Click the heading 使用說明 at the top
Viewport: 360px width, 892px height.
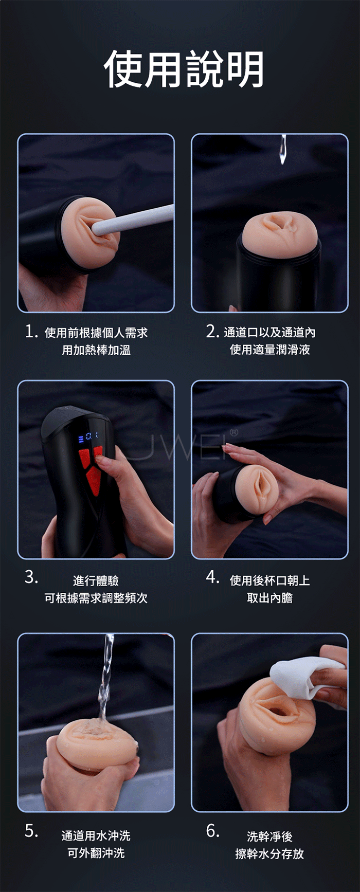point(184,69)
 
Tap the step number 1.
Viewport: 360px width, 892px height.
point(31,332)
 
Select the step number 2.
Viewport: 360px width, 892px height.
point(212,332)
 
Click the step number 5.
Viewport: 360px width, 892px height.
point(31,831)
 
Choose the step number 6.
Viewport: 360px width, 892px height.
point(212,831)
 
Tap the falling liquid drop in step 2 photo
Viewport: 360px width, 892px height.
point(282,150)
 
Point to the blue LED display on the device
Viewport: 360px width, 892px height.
point(88,437)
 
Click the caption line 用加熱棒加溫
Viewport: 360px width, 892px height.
point(96,350)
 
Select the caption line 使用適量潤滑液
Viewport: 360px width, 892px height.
point(270,350)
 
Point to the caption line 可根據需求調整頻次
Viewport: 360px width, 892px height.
point(96,598)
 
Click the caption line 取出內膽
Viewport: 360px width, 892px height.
point(270,598)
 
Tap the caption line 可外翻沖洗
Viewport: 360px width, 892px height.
point(96,853)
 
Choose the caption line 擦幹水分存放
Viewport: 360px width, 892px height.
point(269,853)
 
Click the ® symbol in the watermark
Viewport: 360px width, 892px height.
point(233,433)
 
